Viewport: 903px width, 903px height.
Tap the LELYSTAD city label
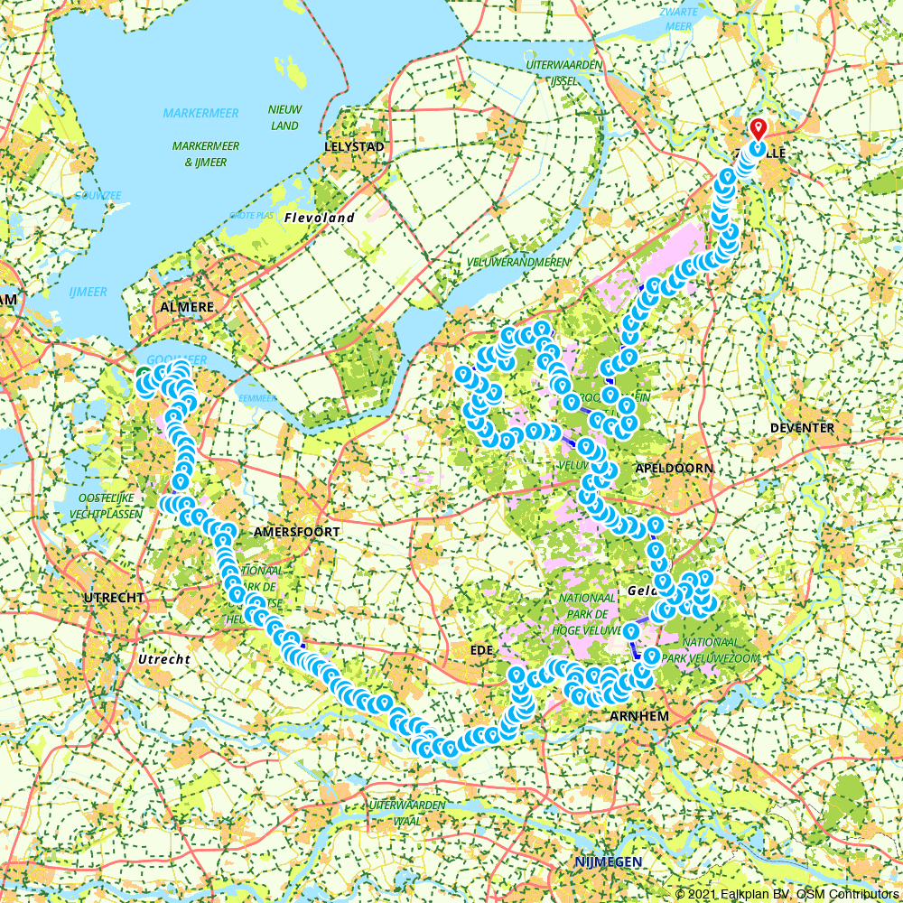tap(355, 146)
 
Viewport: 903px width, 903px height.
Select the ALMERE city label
tap(187, 307)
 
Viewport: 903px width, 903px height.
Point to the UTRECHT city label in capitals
tap(114, 599)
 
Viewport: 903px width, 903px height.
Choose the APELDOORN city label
tap(675, 468)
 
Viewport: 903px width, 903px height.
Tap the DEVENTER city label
tap(802, 427)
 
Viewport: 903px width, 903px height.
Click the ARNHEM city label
tap(638, 715)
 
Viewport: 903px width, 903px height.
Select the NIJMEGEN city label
tap(608, 862)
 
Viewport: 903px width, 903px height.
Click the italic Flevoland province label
tap(319, 218)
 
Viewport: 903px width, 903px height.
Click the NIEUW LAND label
tap(284, 117)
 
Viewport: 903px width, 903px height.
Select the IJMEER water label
tap(88, 292)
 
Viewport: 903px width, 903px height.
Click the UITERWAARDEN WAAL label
tap(407, 813)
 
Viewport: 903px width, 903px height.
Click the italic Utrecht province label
tap(163, 659)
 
